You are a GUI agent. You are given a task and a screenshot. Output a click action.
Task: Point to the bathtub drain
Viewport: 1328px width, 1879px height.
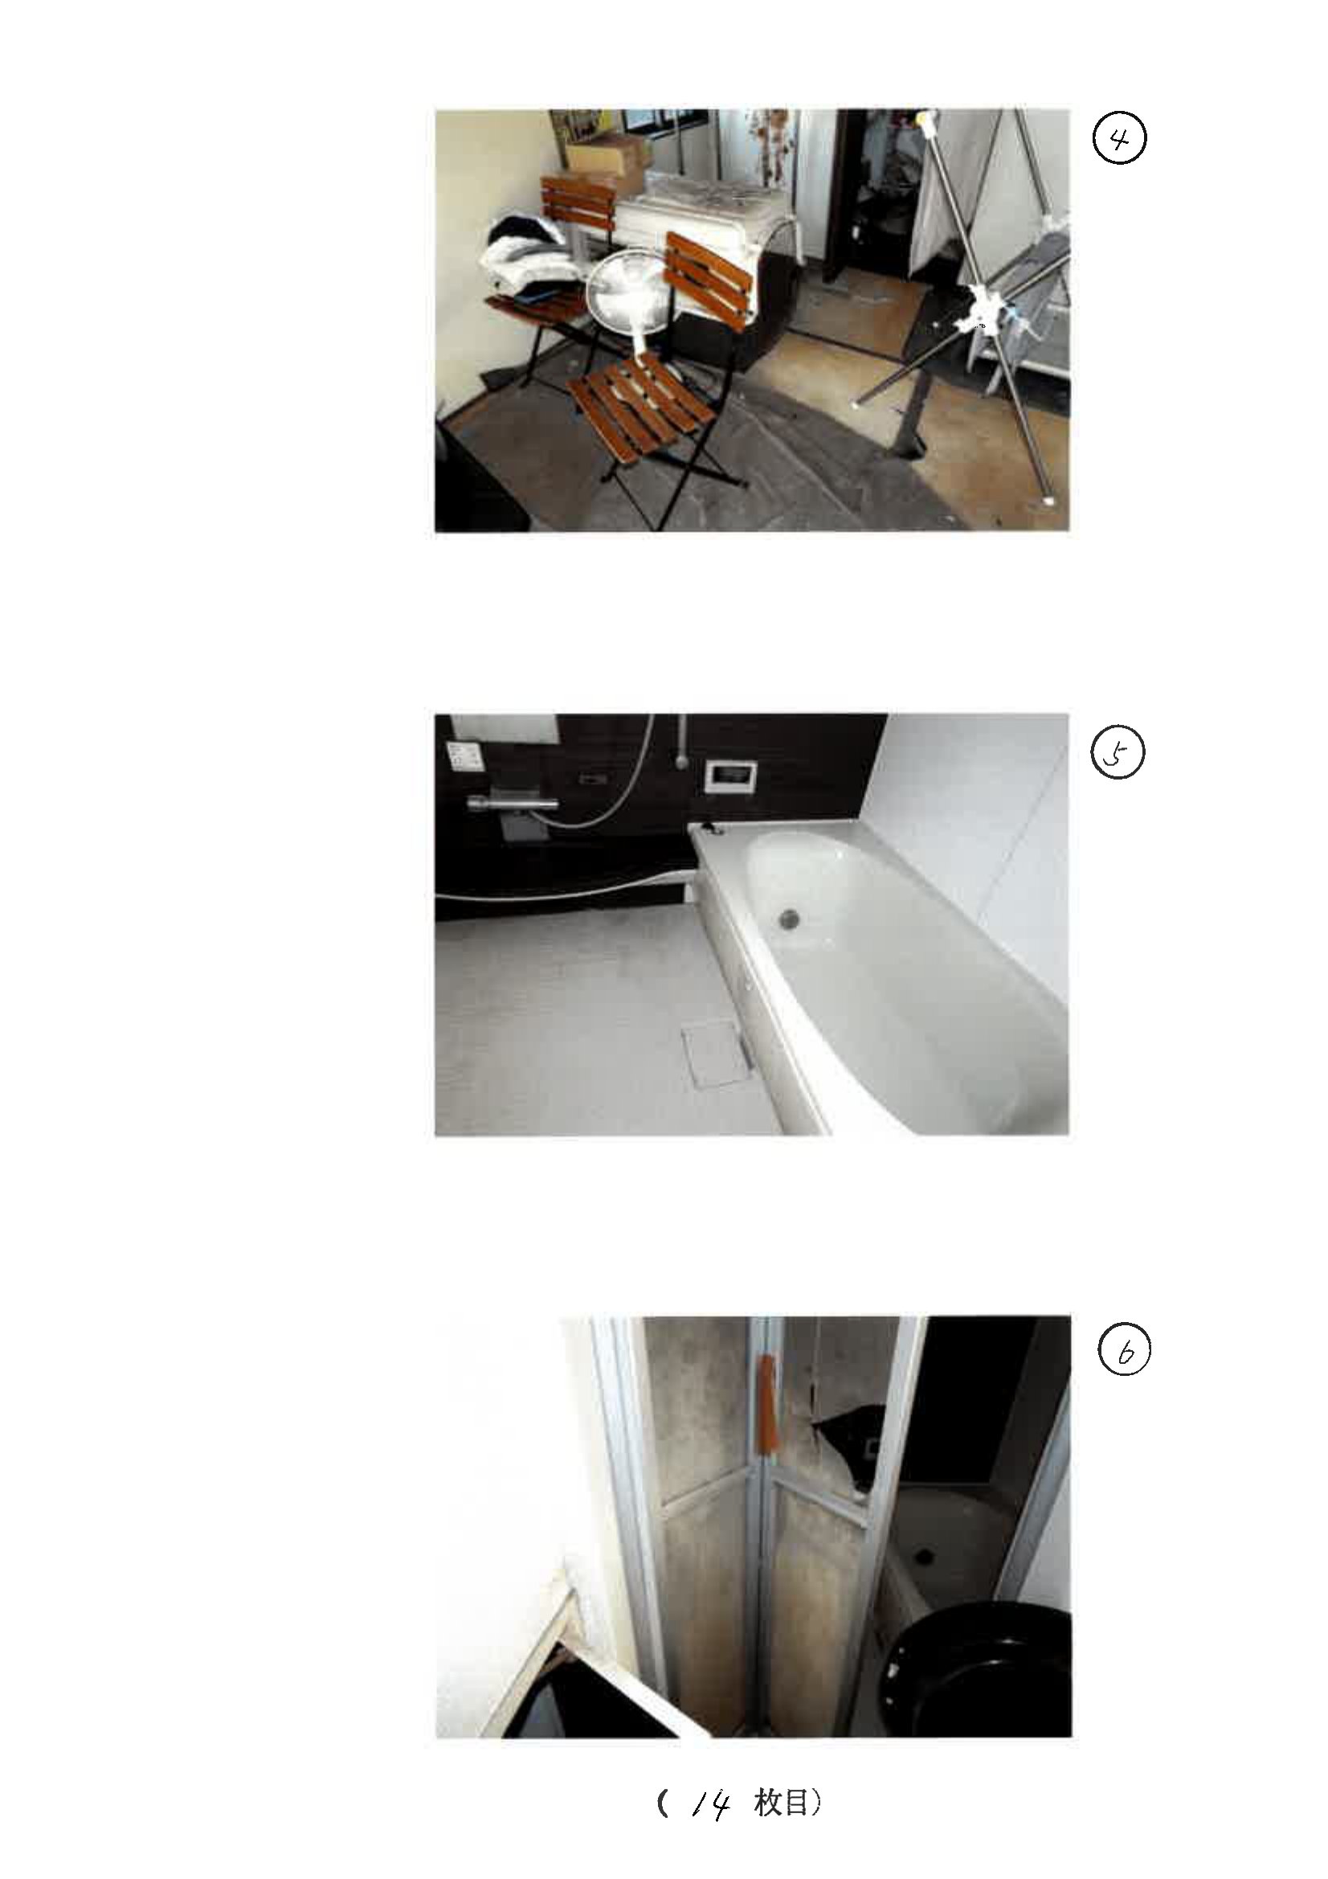point(790,918)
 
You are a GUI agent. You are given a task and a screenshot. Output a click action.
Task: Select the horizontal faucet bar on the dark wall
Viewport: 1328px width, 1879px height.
point(513,804)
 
